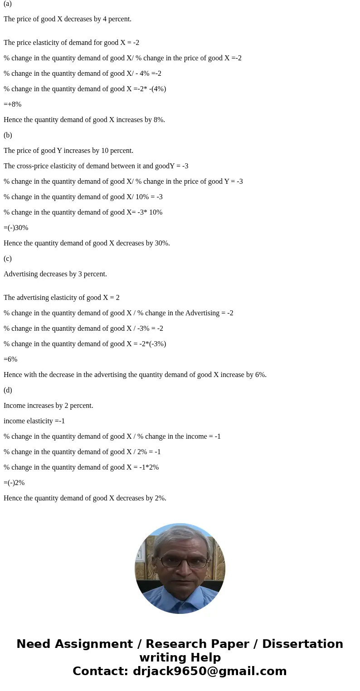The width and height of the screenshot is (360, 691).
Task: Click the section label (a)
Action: click(8, 4)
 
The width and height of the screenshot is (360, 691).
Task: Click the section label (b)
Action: click(8, 135)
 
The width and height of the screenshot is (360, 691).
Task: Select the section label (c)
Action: click(8, 259)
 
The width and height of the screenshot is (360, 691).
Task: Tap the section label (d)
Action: click(8, 390)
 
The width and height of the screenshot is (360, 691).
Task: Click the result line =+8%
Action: click(13, 104)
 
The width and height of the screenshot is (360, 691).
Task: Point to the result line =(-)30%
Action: click(16, 228)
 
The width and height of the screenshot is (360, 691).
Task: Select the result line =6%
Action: click(10, 359)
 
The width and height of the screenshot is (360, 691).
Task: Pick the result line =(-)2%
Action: click(14, 483)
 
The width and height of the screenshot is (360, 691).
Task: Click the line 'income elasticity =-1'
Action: click(34, 421)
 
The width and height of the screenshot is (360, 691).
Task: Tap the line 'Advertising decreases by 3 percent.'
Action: click(55, 274)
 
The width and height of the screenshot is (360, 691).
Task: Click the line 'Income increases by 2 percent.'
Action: click(49, 406)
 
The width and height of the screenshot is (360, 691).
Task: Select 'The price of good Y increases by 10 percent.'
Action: click(68, 151)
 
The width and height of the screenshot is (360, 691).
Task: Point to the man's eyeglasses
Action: click(183, 562)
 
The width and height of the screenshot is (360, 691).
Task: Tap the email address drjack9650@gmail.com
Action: click(210, 671)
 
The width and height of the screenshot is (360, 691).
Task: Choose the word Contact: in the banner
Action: click(101, 671)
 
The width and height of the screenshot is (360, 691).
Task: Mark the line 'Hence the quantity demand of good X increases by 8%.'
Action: click(84, 120)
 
